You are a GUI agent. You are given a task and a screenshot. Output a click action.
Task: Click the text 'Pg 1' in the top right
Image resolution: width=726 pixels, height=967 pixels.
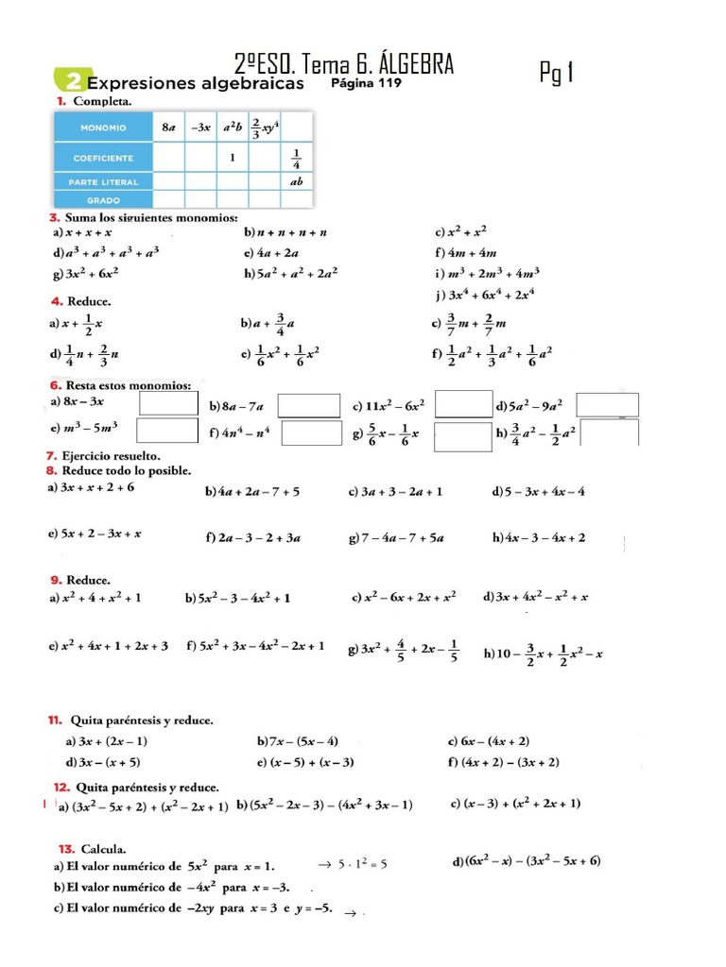[x=557, y=72]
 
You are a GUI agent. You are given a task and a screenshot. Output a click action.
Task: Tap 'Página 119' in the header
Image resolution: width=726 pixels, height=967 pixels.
[x=367, y=83]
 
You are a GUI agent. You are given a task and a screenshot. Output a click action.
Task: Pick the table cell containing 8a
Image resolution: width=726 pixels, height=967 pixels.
[x=168, y=126]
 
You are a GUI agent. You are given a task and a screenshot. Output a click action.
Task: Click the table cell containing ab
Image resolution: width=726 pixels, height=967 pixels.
[x=296, y=180]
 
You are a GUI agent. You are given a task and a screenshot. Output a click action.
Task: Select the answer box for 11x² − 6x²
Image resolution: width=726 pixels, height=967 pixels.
[x=463, y=404]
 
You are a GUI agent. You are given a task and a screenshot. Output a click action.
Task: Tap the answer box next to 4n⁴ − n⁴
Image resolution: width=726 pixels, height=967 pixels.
[x=311, y=433]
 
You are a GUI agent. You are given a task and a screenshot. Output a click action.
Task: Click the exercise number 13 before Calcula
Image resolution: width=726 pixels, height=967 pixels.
[x=66, y=847]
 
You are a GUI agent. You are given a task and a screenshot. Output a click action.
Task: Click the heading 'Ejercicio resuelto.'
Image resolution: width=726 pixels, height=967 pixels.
[x=112, y=456]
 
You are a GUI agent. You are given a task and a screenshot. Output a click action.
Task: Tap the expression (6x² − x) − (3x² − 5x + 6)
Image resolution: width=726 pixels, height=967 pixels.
[x=527, y=860]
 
